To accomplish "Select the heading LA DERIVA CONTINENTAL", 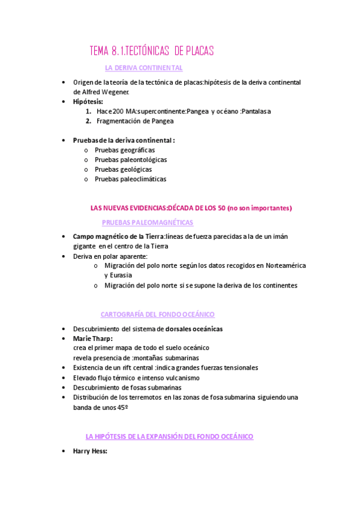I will [x=143, y=68].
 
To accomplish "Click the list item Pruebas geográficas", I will [x=125, y=150].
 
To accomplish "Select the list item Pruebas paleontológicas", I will [x=131, y=160].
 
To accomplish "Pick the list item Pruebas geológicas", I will [x=123, y=169].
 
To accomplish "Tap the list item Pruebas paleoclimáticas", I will [x=130, y=179].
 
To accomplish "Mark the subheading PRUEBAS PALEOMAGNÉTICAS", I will [x=148, y=222].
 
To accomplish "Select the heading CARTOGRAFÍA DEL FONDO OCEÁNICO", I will [x=157, y=315].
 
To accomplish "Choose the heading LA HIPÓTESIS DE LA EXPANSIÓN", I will [x=169, y=436].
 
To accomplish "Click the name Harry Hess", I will [x=89, y=450].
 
